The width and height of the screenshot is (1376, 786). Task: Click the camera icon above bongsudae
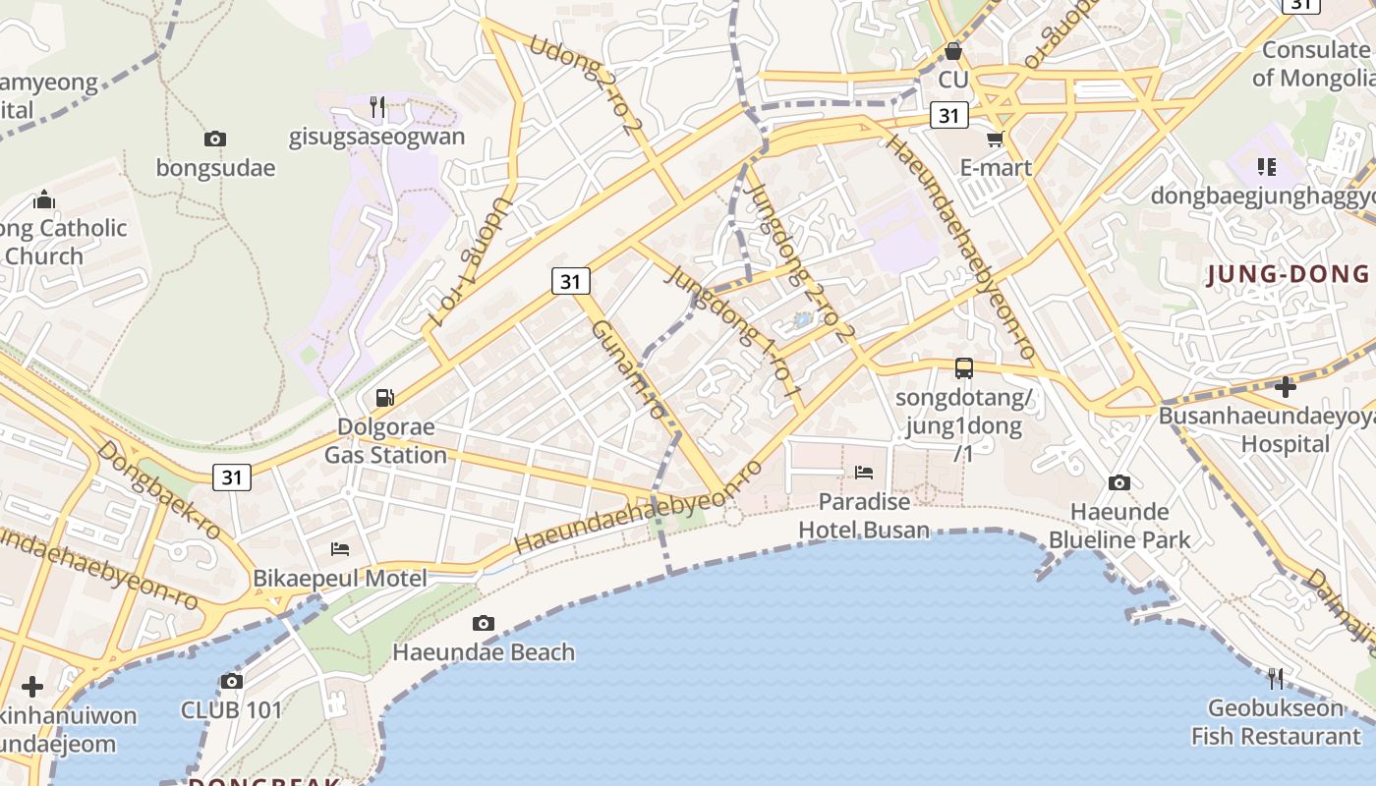pyautogui.click(x=215, y=140)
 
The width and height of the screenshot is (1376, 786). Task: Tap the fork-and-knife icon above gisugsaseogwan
pyautogui.click(x=377, y=106)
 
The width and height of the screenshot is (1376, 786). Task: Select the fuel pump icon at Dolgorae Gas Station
pyautogui.click(x=385, y=398)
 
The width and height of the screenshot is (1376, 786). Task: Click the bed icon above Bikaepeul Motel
pyautogui.click(x=340, y=549)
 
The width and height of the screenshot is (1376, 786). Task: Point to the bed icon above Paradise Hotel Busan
pyautogui.click(x=864, y=473)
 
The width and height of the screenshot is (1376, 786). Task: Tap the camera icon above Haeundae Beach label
pyautogui.click(x=483, y=623)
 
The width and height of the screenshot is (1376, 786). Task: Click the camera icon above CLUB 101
pyautogui.click(x=232, y=681)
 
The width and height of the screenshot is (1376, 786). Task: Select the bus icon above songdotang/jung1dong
pyautogui.click(x=964, y=368)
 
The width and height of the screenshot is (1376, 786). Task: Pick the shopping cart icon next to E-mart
pyautogui.click(x=995, y=140)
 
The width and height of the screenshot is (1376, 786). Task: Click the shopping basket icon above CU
pyautogui.click(x=952, y=50)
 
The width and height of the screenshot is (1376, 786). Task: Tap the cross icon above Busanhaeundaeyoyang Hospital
pyautogui.click(x=1285, y=386)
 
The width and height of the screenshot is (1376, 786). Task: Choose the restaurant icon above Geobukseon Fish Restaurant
pyautogui.click(x=1276, y=679)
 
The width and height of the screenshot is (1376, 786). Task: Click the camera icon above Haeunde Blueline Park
pyautogui.click(x=1118, y=482)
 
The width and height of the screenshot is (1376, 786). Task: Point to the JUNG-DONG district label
pyautogui.click(x=1288, y=274)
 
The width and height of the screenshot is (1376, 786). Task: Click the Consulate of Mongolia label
pyautogui.click(x=1315, y=64)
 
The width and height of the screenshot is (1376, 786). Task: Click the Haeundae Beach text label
pyautogui.click(x=484, y=652)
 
